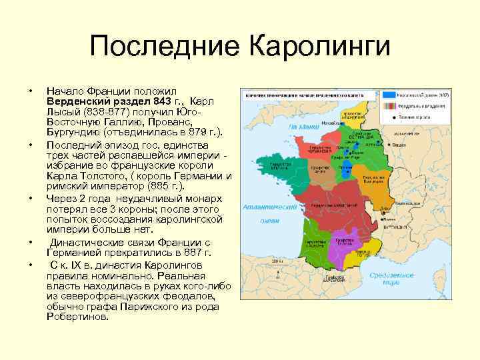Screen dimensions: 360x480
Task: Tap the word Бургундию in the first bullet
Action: click(77, 133)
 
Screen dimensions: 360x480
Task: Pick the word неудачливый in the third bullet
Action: click(147, 197)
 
